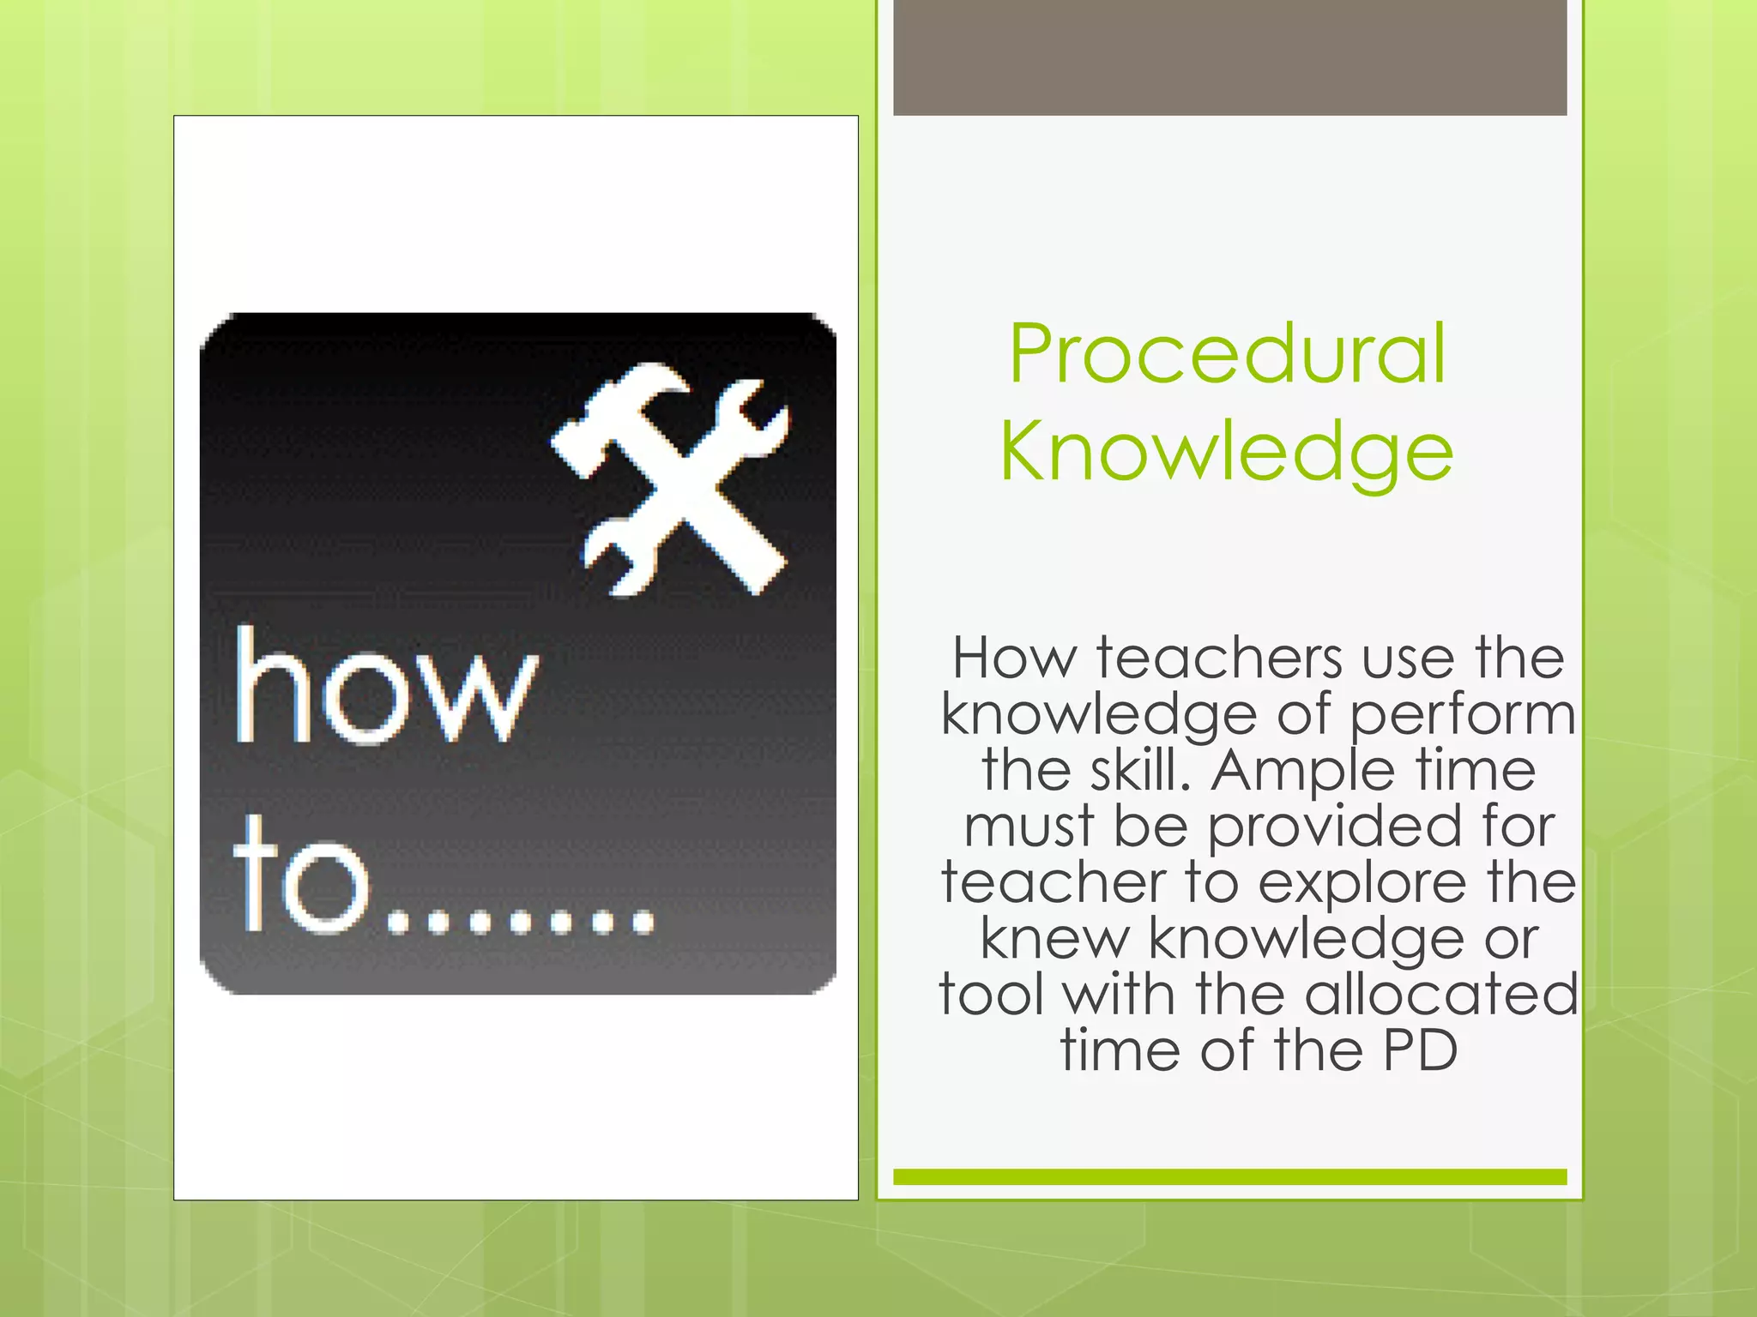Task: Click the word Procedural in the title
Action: click(1228, 354)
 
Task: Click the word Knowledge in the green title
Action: click(1227, 453)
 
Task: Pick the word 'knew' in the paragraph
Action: click(1054, 939)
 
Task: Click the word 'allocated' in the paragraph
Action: click(1442, 995)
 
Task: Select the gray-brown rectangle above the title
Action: click(1229, 57)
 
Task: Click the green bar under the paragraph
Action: click(1229, 1176)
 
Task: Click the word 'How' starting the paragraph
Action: click(1014, 658)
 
